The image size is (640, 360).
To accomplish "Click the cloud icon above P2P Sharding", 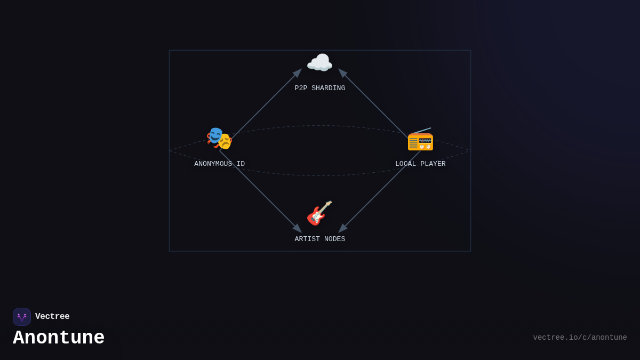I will click(x=319, y=63).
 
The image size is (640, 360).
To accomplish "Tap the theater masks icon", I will click(x=219, y=139).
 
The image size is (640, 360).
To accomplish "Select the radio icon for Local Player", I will click(x=420, y=140).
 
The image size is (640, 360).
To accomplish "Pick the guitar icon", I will click(x=319, y=213).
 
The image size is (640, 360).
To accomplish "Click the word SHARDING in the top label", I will click(x=328, y=89).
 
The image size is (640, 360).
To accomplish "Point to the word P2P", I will click(x=301, y=89).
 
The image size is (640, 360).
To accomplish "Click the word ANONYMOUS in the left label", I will click(x=213, y=164).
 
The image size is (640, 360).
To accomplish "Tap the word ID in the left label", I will click(x=241, y=164).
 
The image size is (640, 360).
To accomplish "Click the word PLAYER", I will click(x=433, y=164).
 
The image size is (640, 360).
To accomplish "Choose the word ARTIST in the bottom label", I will click(x=307, y=239).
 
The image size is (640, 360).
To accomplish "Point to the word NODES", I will click(x=334, y=239).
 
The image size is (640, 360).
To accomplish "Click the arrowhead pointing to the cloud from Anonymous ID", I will click(x=298, y=73).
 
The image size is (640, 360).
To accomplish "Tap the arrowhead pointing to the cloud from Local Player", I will click(x=342, y=73).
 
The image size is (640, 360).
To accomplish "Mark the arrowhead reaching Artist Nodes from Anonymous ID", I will click(x=298, y=228).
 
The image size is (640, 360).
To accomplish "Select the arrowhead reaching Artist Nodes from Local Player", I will click(x=342, y=228).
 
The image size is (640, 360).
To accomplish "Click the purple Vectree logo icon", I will click(x=22, y=317).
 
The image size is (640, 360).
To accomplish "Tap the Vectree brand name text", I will click(x=52, y=317).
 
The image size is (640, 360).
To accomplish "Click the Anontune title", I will click(x=59, y=338).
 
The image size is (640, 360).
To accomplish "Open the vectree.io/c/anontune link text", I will click(x=580, y=338).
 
